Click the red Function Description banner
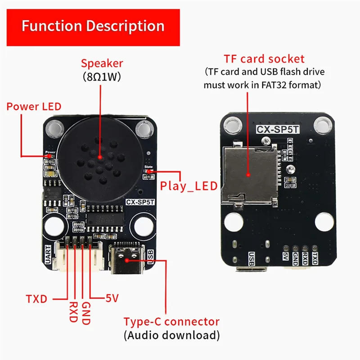click(93, 26)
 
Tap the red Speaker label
click(102, 63)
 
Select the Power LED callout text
click(34, 107)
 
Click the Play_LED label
click(189, 186)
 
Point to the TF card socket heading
click(264, 58)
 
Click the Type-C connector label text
click(171, 322)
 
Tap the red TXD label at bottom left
click(36, 298)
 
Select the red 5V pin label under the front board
click(112, 298)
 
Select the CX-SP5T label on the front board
click(140, 202)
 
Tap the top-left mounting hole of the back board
click(232, 123)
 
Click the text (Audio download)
click(171, 335)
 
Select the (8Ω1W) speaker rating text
click(102, 76)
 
